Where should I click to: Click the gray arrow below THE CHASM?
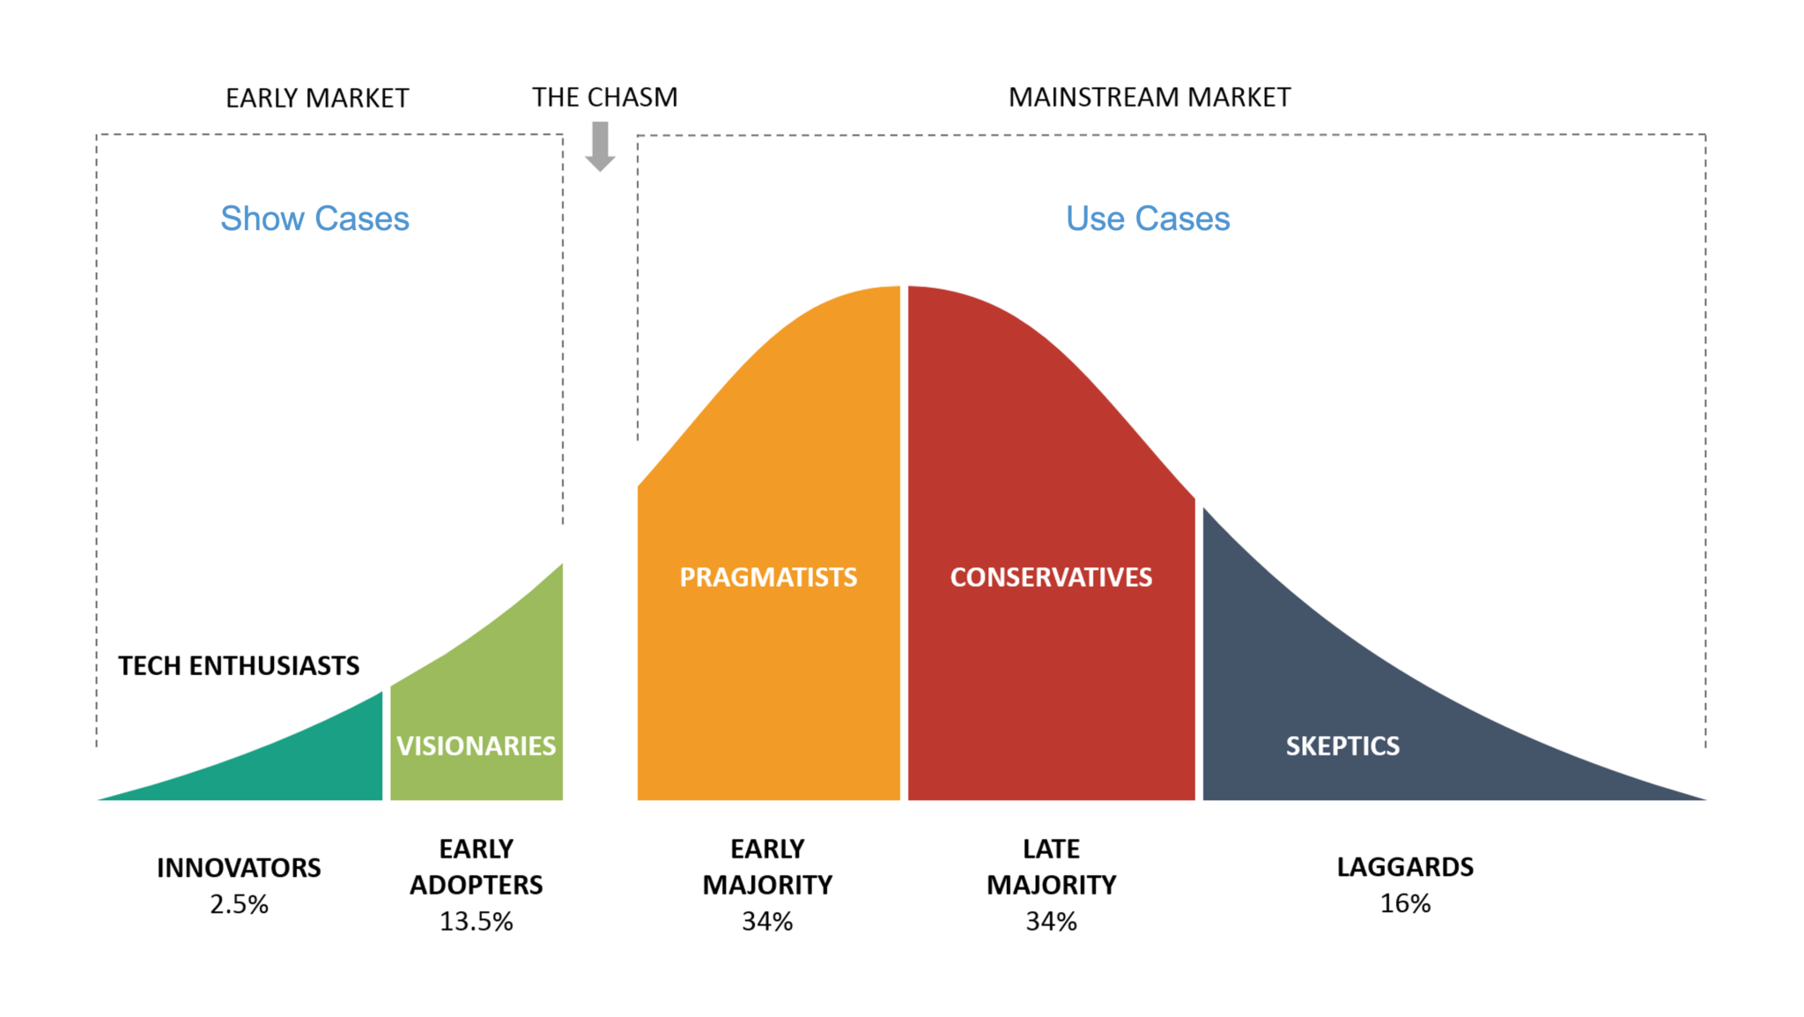[x=600, y=146]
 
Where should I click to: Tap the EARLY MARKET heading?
[x=317, y=98]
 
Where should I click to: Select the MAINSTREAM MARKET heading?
[x=1150, y=97]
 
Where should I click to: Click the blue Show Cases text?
[x=314, y=219]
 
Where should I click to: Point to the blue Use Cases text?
[x=1148, y=219]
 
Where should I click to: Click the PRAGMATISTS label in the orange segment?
[x=768, y=577]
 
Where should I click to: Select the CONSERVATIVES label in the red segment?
[x=1051, y=577]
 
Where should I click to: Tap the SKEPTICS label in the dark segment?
[x=1342, y=746]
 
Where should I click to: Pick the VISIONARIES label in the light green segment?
[x=476, y=746]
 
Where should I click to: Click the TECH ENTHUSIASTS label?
[x=239, y=665]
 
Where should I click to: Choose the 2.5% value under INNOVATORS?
[x=239, y=904]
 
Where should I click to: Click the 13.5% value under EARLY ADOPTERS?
[x=476, y=922]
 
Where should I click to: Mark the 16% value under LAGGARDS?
[x=1405, y=903]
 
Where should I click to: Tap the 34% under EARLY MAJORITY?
[x=767, y=922]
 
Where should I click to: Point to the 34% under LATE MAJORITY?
[x=1051, y=922]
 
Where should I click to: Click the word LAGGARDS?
[x=1405, y=867]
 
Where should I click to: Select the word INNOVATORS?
[x=239, y=868]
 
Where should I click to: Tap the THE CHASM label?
[x=605, y=97]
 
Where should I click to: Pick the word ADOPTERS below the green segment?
[x=476, y=885]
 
